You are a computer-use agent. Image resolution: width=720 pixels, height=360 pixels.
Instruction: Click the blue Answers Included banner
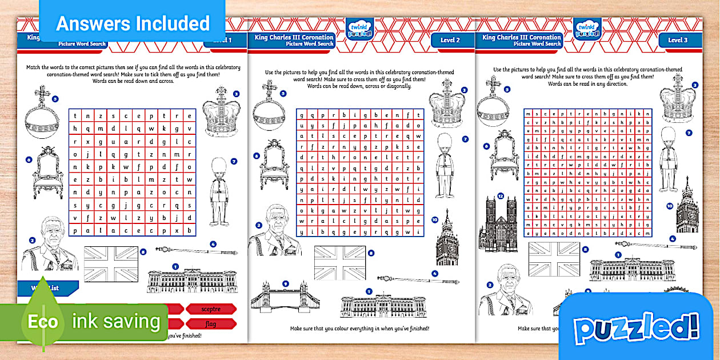coord(133,23)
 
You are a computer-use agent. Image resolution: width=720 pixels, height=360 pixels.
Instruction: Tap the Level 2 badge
coord(450,40)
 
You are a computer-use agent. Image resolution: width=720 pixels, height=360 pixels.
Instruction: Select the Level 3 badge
coord(678,40)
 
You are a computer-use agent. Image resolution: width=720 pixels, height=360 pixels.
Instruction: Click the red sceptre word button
coord(211,309)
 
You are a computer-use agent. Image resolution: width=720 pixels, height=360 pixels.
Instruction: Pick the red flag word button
coord(211,323)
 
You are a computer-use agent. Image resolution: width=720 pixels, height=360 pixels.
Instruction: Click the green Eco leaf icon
coord(43,322)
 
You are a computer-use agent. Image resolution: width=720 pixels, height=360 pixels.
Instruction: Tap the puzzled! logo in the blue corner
coord(637,329)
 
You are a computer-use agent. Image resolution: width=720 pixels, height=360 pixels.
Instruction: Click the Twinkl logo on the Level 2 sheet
coord(360,28)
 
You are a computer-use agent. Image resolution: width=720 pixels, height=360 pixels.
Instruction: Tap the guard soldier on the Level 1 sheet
coord(218,192)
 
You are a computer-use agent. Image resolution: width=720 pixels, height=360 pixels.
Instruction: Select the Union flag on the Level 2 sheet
coord(339,263)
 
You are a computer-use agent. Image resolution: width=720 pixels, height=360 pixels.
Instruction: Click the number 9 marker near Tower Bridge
coord(285,283)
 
